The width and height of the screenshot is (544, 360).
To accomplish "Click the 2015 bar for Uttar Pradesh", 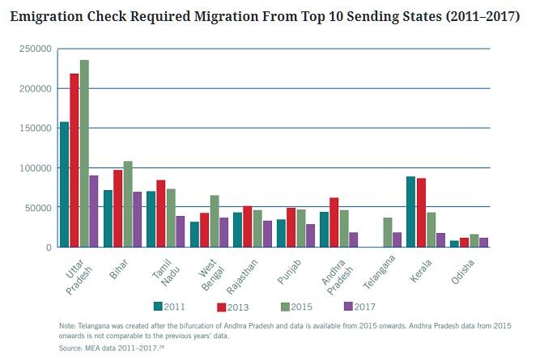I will (x=84, y=154).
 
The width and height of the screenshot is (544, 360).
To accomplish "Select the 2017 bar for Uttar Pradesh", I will (x=94, y=211).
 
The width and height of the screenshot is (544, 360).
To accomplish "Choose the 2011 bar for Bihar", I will (x=108, y=218).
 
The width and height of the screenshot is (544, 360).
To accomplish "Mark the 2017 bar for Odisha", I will (x=484, y=242).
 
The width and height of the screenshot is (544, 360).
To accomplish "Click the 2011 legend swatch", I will (x=159, y=305).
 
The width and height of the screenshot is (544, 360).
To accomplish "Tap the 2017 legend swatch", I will (x=349, y=305).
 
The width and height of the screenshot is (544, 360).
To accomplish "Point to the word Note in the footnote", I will (x=67, y=325).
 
